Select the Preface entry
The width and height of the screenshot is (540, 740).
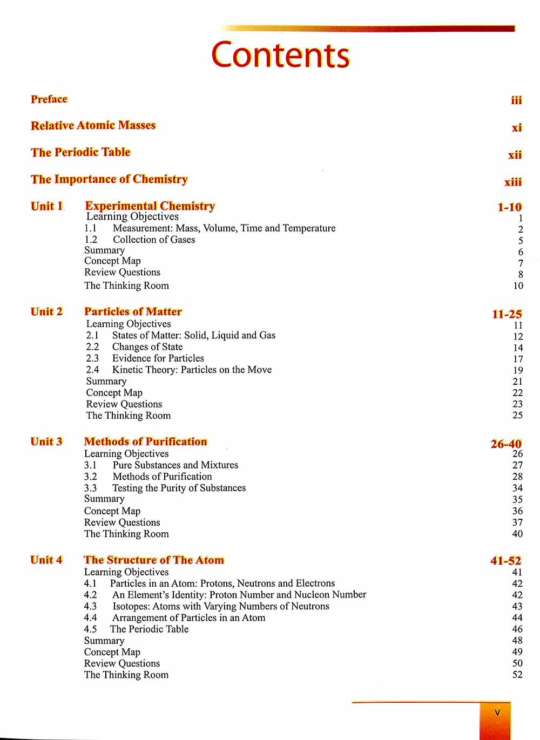pyautogui.click(x=49, y=99)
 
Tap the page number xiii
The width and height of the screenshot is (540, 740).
pyautogui.click(x=513, y=182)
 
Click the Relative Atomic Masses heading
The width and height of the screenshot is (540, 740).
pyautogui.click(x=93, y=126)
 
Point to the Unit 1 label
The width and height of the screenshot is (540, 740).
pyautogui.click(x=47, y=206)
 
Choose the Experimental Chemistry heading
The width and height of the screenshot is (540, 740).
pyautogui.click(x=150, y=206)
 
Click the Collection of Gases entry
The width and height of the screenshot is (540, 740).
pyautogui.click(x=154, y=240)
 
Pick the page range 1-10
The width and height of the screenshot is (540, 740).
pyautogui.click(x=509, y=207)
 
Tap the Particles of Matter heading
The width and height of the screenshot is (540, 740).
pyautogui.click(x=133, y=312)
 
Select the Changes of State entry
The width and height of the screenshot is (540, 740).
pyautogui.click(x=147, y=347)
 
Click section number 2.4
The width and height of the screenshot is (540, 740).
pyautogui.click(x=92, y=370)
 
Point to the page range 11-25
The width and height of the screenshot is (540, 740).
pyautogui.click(x=507, y=314)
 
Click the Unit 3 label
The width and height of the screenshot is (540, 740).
pyautogui.click(x=46, y=442)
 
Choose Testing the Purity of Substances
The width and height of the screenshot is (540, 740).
pyautogui.click(x=179, y=488)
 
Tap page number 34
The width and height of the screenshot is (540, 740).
pyautogui.click(x=517, y=488)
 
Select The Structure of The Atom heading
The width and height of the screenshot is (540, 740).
pyautogui.click(x=154, y=560)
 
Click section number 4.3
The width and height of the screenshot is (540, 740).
pyautogui.click(x=90, y=606)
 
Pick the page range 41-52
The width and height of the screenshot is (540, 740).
pyautogui.click(x=506, y=561)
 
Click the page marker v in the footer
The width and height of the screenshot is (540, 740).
pyautogui.click(x=497, y=712)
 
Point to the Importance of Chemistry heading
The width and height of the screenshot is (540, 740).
pyautogui.click(x=109, y=179)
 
